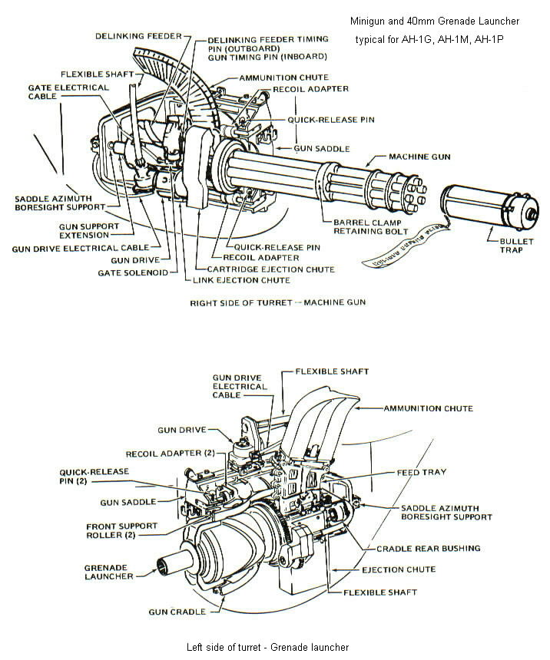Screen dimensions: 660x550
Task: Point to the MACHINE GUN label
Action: (x=418, y=157)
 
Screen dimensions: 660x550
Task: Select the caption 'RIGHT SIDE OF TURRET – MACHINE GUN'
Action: (x=277, y=302)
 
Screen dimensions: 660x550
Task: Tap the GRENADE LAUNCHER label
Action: (x=108, y=571)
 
